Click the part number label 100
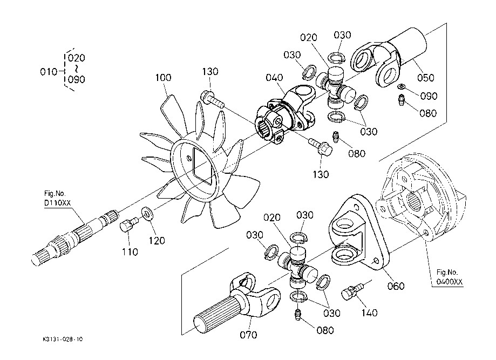pos(163,78)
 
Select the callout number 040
pos(274,78)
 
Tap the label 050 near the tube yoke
pos(425,78)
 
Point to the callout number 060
pos(396,286)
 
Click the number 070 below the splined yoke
pos(248,335)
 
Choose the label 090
pos(429,96)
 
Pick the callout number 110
pos(130,252)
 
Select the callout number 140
pos(370,313)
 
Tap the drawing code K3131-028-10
pos(63,339)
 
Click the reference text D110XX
pos(57,203)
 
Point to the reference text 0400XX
pos(450,281)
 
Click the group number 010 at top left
pos(49,72)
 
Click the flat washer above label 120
pos(147,213)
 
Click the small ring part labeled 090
pos(402,86)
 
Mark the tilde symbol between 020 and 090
pos(76,69)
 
